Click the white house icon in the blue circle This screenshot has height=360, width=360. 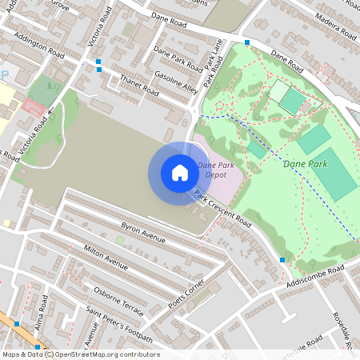[x=180, y=173]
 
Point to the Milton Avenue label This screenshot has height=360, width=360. [x=106, y=257]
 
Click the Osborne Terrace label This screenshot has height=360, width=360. [x=118, y=291]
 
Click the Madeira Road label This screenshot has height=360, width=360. [x=334, y=25]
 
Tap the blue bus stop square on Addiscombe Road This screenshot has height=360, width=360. [x=282, y=260]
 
